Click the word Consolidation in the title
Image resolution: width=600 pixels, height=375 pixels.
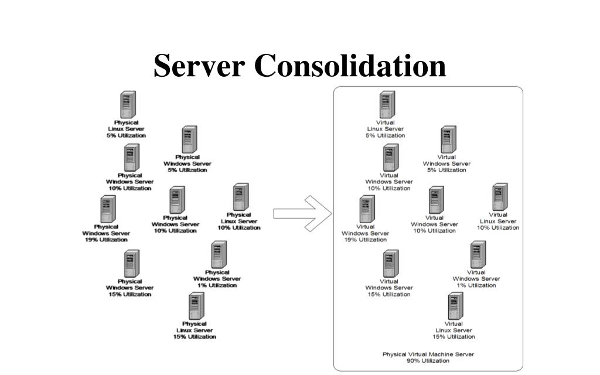tap(350, 66)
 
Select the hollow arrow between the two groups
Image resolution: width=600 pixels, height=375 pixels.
tap(302, 213)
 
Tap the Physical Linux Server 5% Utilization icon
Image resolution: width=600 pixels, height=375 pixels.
tap(128, 105)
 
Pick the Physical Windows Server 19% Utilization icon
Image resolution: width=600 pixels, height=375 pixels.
tap(107, 209)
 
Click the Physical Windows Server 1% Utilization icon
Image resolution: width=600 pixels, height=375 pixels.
tap(219, 255)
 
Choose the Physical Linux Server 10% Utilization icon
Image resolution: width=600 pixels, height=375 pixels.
tap(240, 197)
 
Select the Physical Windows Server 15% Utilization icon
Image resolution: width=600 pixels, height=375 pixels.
tap(131, 264)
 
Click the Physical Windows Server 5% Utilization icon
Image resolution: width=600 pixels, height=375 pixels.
tap(189, 140)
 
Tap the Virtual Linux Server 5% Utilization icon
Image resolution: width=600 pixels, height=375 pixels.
tap(387, 105)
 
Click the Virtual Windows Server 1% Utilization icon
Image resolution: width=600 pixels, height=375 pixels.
tap(478, 255)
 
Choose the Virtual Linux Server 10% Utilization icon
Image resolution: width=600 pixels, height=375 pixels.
tap(499, 197)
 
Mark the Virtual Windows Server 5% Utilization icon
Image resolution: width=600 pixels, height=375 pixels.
tap(448, 140)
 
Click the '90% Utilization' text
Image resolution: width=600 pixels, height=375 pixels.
tap(428, 361)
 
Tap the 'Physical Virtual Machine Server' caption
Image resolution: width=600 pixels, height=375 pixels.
tap(428, 354)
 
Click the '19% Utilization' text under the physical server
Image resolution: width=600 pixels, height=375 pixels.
tap(106, 240)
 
